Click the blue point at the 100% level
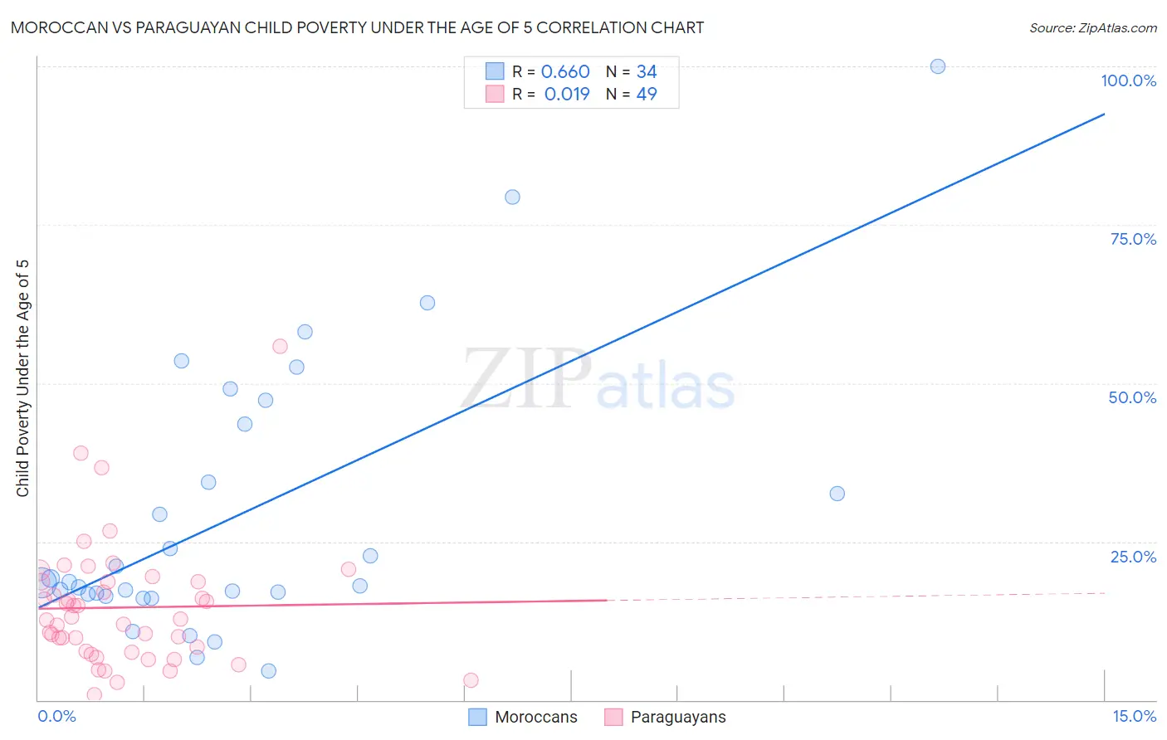click(x=937, y=66)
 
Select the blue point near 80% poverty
click(x=512, y=197)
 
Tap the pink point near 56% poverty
click(x=280, y=347)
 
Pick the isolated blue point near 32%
click(x=837, y=494)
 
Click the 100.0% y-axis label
click(x=1128, y=80)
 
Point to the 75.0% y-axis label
click(x=1133, y=239)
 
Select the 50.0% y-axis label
click(x=1132, y=397)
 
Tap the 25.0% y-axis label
click(x=1133, y=557)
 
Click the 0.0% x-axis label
click(x=56, y=716)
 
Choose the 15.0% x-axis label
click(x=1134, y=716)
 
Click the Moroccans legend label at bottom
click(x=535, y=718)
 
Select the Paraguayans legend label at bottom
click(x=678, y=718)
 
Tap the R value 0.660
click(x=565, y=72)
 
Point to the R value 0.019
click(x=567, y=95)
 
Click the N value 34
click(x=647, y=72)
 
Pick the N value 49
click(x=647, y=95)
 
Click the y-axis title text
click(x=22, y=378)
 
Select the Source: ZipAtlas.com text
click(x=1092, y=28)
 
